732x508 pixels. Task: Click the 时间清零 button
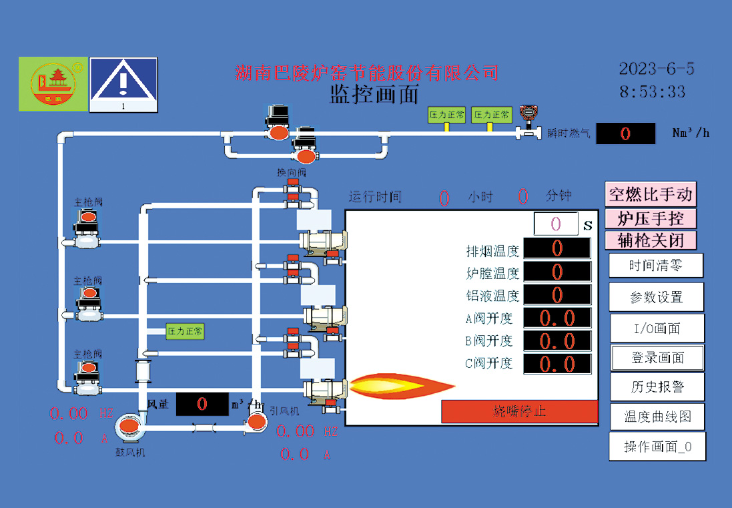pyautogui.click(x=656, y=266)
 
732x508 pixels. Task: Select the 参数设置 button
pyautogui.click(x=657, y=297)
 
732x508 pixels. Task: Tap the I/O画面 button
pyautogui.click(x=657, y=328)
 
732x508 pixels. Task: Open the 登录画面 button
pyautogui.click(x=657, y=358)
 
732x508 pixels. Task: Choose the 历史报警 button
pyautogui.click(x=657, y=387)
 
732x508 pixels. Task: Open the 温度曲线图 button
pyautogui.click(x=657, y=417)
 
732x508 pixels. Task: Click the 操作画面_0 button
pyautogui.click(x=657, y=447)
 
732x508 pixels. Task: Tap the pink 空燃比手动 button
pyautogui.click(x=651, y=194)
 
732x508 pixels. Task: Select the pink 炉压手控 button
pyautogui.click(x=651, y=218)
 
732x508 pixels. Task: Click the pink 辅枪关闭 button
pyautogui.click(x=651, y=240)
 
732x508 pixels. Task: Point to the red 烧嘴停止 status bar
pyautogui.click(x=519, y=411)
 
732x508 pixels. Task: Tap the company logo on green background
pyautogui.click(x=53, y=83)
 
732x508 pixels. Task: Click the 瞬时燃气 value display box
pyautogui.click(x=625, y=134)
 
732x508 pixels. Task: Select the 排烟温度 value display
pyautogui.click(x=557, y=248)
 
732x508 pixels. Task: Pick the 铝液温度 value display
pyautogui.click(x=557, y=294)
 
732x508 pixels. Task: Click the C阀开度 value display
pyautogui.click(x=557, y=364)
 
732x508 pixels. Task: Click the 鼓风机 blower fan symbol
pyautogui.click(x=128, y=427)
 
